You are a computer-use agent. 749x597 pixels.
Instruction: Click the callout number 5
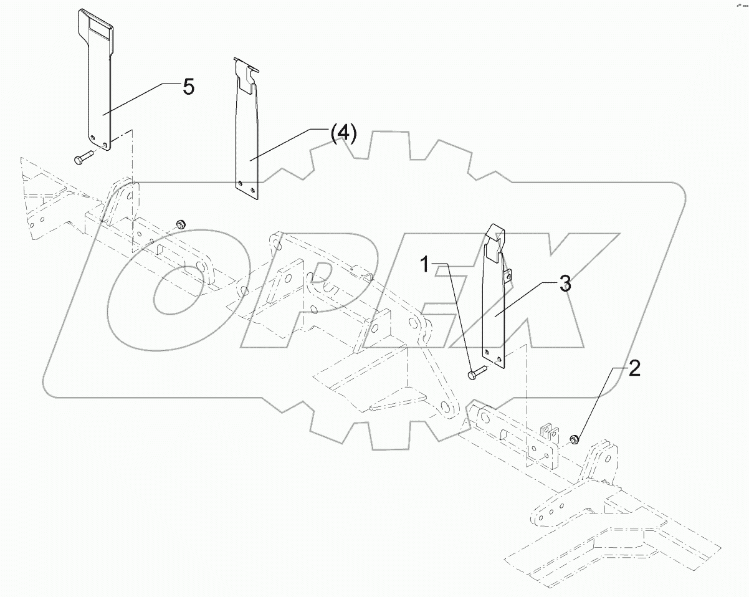pyautogui.click(x=188, y=87)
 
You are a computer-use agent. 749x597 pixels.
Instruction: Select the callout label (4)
pyautogui.click(x=343, y=133)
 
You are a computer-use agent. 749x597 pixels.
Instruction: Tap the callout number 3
pyautogui.click(x=563, y=284)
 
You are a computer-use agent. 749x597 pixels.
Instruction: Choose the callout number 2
pyautogui.click(x=634, y=369)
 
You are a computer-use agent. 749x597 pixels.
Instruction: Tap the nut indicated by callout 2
pyautogui.click(x=575, y=440)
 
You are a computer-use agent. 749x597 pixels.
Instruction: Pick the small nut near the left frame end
pyautogui.click(x=180, y=224)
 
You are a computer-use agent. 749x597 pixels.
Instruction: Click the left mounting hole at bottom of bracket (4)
pyautogui.click(x=241, y=183)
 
